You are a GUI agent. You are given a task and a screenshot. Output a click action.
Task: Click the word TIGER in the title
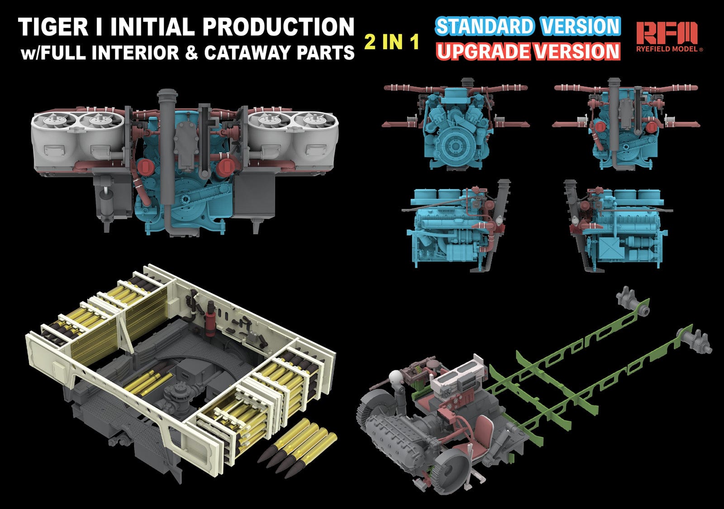pyautogui.click(x=53, y=27)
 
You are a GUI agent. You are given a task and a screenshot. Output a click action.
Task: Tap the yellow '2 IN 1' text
pyautogui.click(x=392, y=42)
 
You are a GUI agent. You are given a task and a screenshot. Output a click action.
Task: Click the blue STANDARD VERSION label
pyautogui.click(x=528, y=26)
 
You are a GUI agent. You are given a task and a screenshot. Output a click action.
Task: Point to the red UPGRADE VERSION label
pyautogui.click(x=528, y=52)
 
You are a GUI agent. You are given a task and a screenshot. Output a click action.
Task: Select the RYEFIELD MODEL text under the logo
pyautogui.click(x=669, y=49)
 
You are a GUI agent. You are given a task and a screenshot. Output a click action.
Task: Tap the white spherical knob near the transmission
pyautogui.click(x=396, y=377)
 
